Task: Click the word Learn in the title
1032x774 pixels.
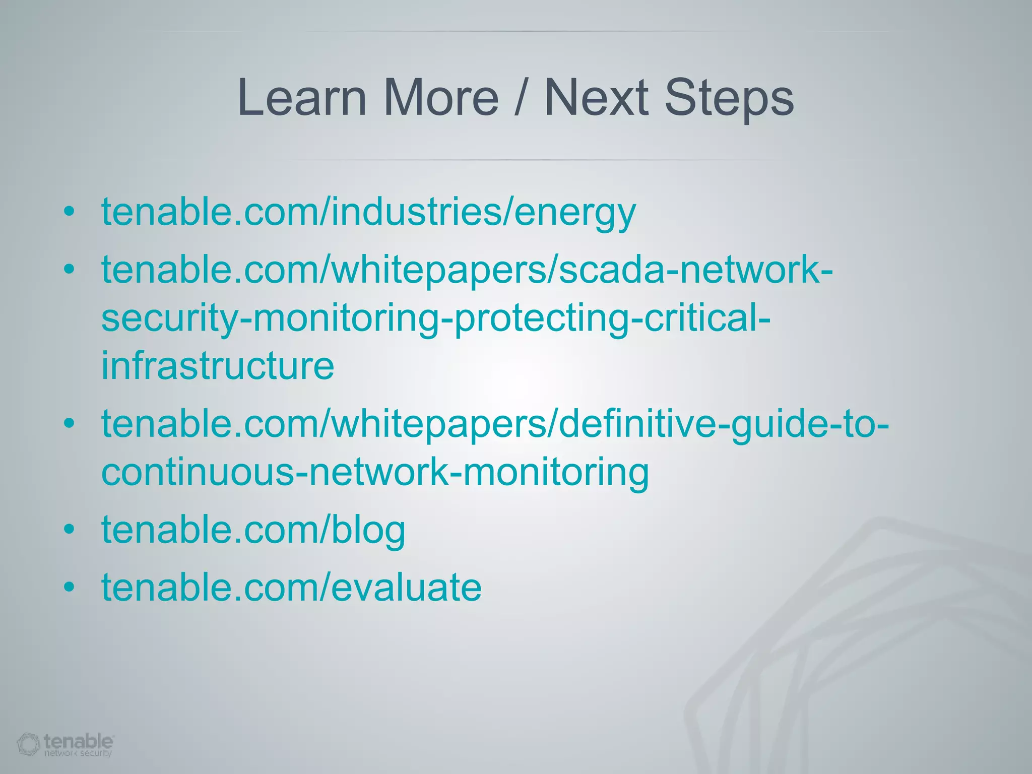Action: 301,98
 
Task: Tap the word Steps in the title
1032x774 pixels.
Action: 729,98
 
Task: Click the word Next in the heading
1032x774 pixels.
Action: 596,98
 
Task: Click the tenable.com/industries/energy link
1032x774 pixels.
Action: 368,212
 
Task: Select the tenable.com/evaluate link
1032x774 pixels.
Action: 291,587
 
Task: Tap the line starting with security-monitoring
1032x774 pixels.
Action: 435,318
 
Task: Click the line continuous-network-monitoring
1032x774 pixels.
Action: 375,472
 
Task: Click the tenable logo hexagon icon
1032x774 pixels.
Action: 28,744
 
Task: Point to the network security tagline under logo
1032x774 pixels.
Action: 78,753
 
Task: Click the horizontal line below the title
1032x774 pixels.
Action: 524,160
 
